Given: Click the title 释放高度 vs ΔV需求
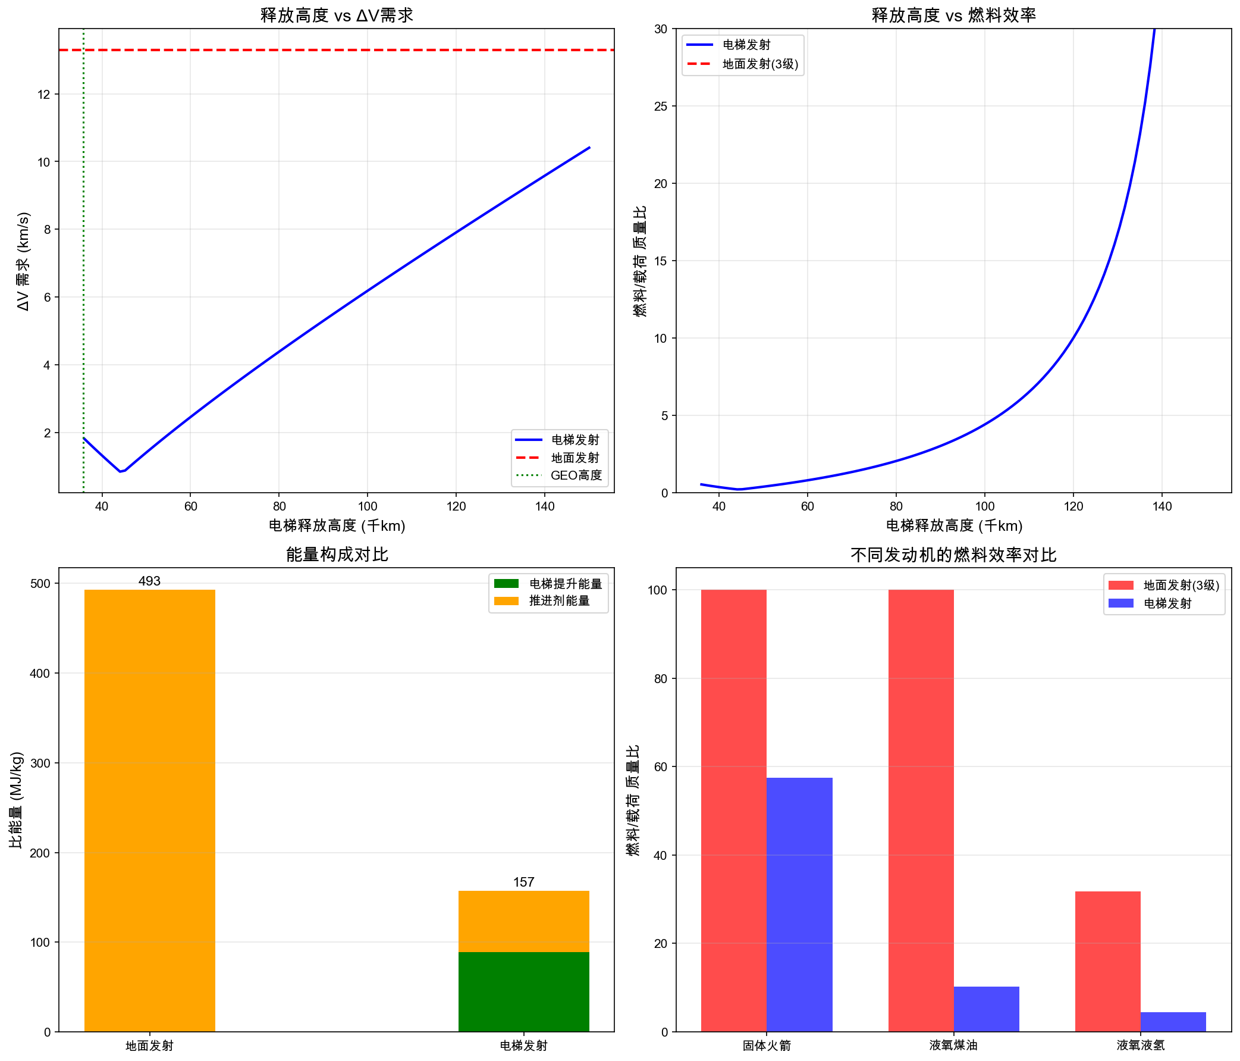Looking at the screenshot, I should click(337, 15).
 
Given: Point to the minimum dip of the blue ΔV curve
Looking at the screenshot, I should click(121, 471).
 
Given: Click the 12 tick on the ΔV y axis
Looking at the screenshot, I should click(43, 95).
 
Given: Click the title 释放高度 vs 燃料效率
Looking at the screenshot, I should click(953, 15).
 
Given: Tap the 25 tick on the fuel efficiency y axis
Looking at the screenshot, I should click(661, 107).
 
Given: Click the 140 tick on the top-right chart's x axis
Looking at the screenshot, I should click(1161, 506).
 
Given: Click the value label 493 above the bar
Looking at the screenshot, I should click(149, 581).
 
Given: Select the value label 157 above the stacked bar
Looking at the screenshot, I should click(523, 882).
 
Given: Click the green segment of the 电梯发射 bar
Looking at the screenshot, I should click(523, 991).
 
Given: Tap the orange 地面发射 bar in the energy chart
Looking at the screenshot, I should click(149, 808).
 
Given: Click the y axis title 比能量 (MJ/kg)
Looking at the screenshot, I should click(17, 799).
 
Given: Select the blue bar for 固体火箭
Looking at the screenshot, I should click(799, 904).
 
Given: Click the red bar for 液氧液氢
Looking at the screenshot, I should click(1107, 961).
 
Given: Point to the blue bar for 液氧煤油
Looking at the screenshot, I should click(986, 1009).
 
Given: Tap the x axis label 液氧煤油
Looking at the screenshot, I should click(953, 1046).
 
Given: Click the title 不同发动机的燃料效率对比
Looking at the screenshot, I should click(953, 555).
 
